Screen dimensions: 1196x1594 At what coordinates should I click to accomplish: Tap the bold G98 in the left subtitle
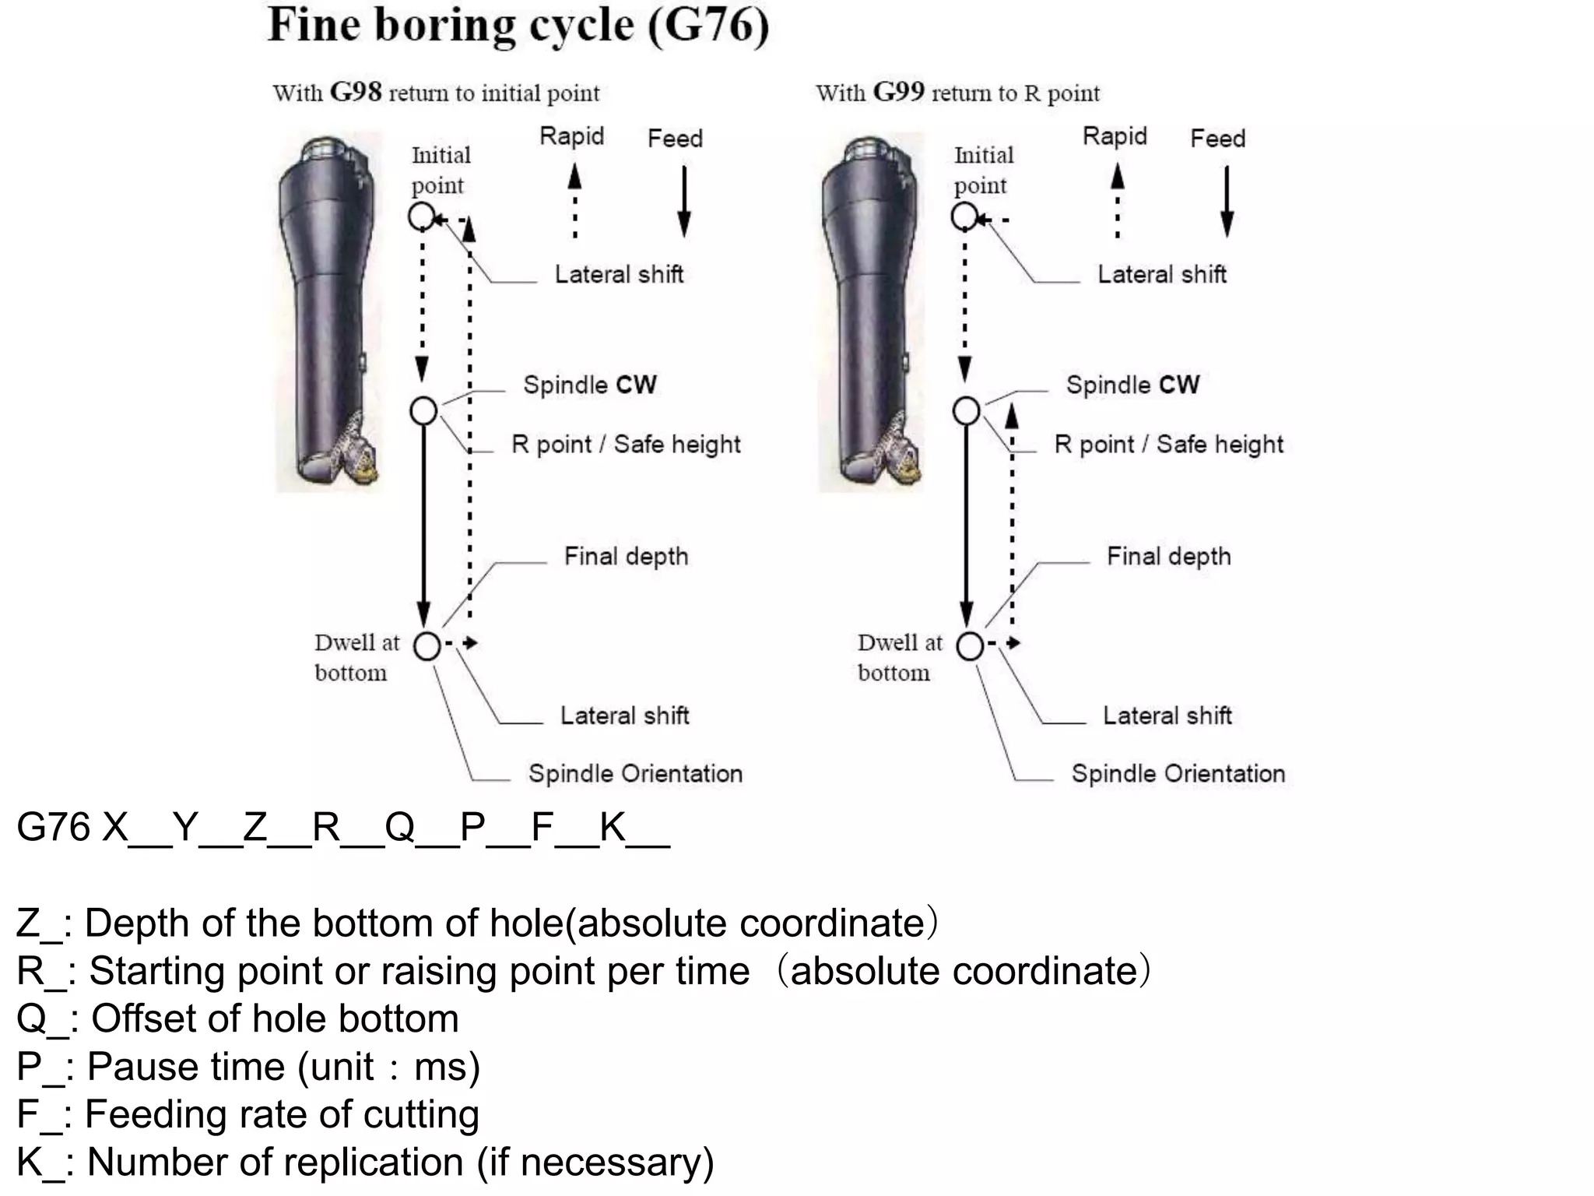[x=355, y=93]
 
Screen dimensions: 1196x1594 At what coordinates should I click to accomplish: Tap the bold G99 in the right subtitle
[x=898, y=93]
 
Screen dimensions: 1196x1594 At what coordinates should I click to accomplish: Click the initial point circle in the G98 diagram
[x=421, y=216]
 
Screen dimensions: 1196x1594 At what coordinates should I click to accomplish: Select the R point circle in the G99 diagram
[x=966, y=410]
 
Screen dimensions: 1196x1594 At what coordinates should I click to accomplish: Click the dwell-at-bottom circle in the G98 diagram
[x=427, y=645]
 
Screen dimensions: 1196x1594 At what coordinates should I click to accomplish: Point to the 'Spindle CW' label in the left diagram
[x=589, y=385]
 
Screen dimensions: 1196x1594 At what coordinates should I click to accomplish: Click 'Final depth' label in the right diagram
[x=1168, y=556]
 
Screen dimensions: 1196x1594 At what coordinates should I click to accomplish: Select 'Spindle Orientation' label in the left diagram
[x=635, y=773]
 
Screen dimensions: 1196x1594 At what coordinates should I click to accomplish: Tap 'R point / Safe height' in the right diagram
[x=1168, y=444]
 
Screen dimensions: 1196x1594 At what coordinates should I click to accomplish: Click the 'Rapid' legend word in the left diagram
[x=571, y=136]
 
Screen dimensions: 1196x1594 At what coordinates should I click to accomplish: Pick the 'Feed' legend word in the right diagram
[x=1217, y=139]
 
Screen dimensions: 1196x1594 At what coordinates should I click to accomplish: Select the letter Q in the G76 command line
[x=399, y=827]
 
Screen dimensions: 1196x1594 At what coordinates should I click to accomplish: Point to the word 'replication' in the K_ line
[x=353, y=1163]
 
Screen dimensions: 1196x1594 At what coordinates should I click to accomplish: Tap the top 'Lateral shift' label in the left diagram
[x=619, y=274]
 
